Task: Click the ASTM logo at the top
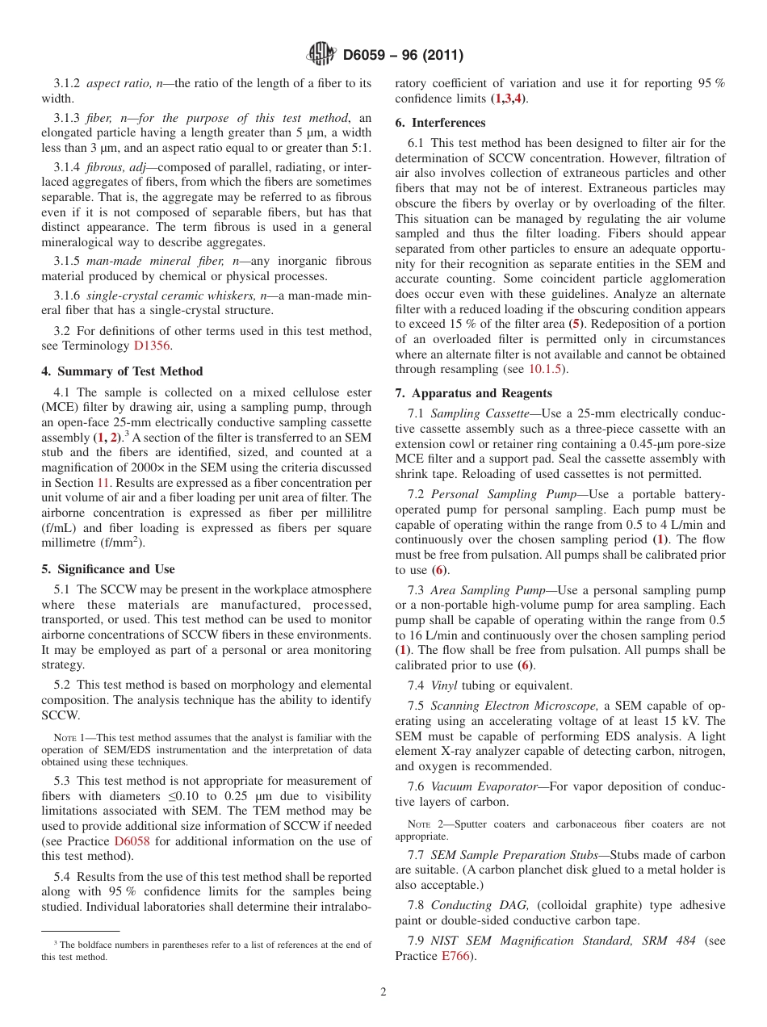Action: coord(321,55)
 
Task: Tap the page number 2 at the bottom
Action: coord(383,991)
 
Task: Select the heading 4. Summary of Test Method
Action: coord(122,371)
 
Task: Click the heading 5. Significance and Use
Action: coord(108,569)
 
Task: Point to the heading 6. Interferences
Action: coord(440,123)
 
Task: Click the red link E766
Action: coord(453,956)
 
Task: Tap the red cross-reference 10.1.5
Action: coord(547,369)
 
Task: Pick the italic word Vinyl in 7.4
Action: coord(444,685)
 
